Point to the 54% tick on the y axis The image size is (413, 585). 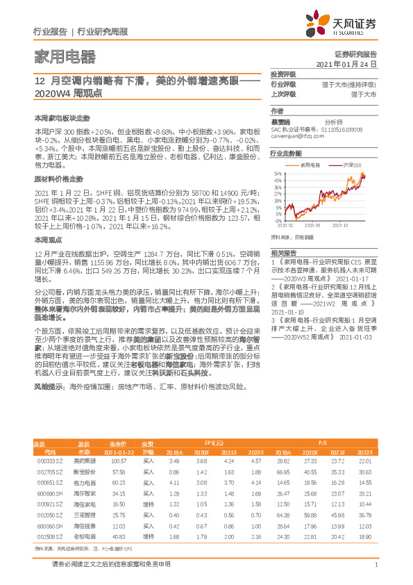[278, 174]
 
